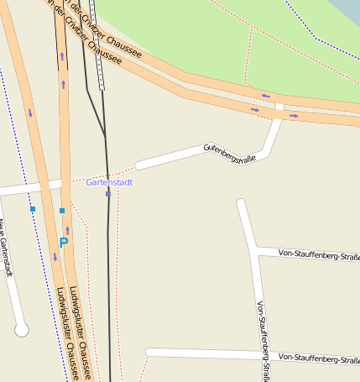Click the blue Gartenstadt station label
coord(109,182)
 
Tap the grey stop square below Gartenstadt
coord(108,194)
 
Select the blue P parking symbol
coord(63,243)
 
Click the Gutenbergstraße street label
coord(229,154)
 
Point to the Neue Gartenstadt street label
coord(6,248)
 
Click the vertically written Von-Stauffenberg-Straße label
coord(263,340)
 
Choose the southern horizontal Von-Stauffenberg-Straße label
coord(319,358)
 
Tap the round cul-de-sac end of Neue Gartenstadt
coord(22,330)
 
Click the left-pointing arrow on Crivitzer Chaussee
coord(265,96)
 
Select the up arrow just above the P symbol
coord(67,229)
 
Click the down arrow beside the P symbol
coord(55,257)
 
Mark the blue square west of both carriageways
coord(33,208)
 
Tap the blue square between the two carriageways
coord(62,210)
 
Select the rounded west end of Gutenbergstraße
coord(140,165)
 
